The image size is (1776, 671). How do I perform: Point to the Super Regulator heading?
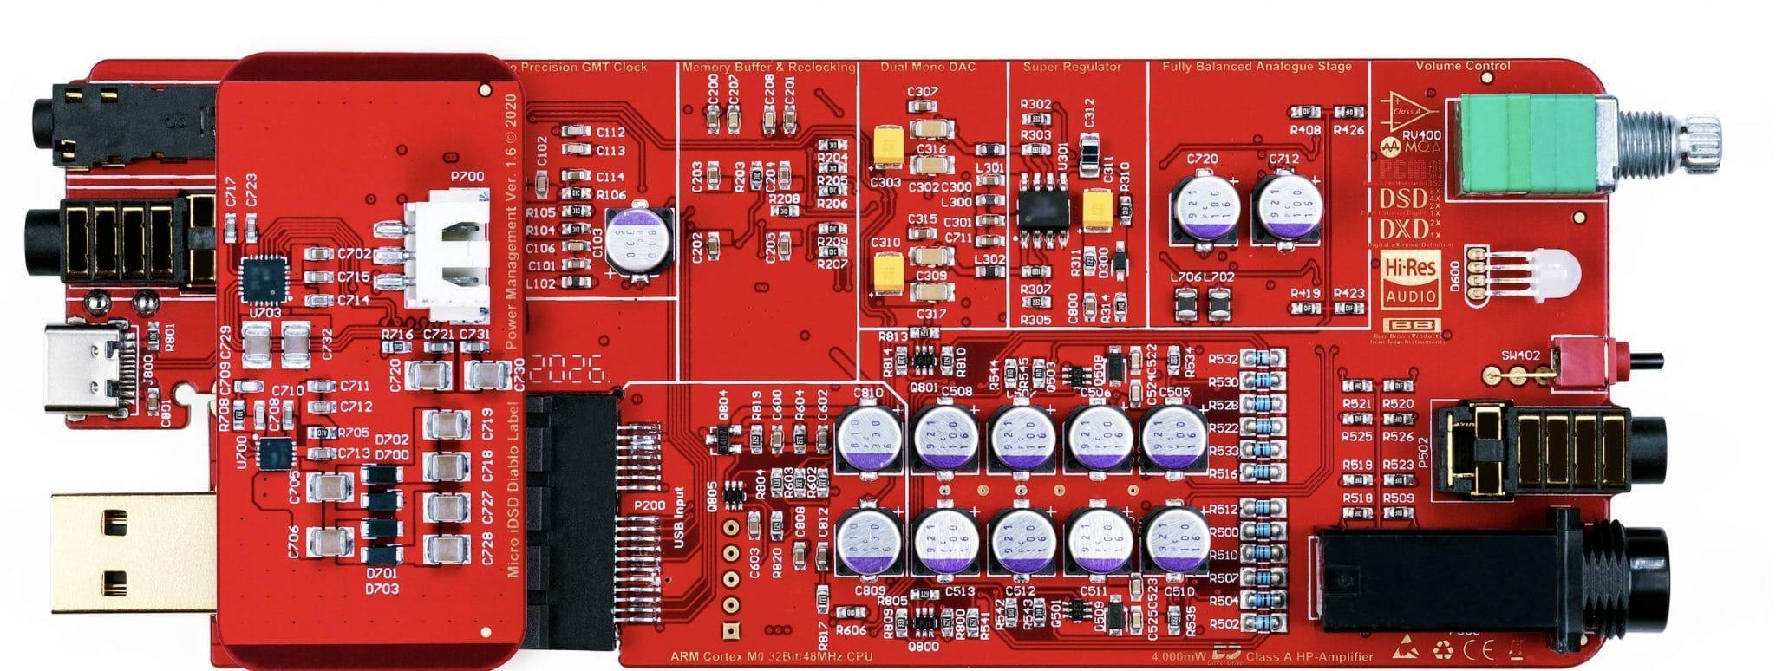(1072, 67)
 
